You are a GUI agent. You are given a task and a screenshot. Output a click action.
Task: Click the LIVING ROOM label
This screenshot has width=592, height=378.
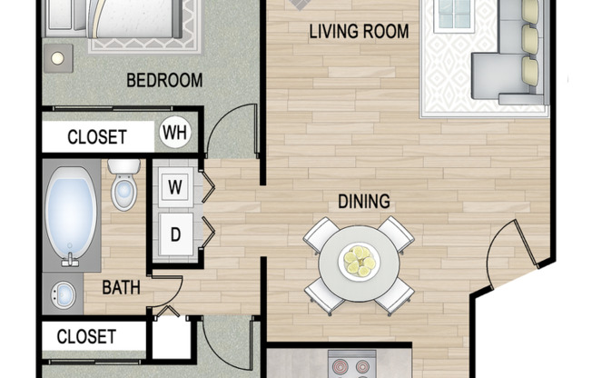pos(359,32)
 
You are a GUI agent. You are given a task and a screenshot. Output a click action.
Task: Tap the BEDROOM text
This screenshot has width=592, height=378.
pos(164,81)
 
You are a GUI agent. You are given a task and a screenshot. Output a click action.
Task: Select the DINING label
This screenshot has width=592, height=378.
pos(364,202)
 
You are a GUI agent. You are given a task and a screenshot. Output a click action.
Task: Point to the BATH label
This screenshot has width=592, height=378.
pos(121,288)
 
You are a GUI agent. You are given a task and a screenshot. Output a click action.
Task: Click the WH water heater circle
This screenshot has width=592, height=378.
pos(175,133)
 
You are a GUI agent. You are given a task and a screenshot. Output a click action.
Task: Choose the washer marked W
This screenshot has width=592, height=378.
pos(175,186)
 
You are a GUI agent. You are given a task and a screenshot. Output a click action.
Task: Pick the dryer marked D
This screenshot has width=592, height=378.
pos(175,234)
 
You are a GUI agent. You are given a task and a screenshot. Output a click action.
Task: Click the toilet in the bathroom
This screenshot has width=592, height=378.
pos(123,184)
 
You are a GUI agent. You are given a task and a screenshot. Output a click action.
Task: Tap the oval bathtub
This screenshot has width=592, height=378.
pos(71,216)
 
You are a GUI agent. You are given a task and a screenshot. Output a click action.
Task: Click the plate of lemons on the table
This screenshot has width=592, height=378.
pos(360,261)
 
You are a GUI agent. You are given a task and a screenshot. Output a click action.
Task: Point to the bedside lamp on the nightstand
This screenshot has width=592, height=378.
pos(58,58)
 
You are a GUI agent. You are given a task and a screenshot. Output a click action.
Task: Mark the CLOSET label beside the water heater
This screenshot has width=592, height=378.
pos(97,137)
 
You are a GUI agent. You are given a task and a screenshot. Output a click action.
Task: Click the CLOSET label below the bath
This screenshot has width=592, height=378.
pos(86,336)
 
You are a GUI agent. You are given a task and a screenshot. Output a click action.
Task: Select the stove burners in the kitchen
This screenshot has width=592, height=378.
pos(352,367)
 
